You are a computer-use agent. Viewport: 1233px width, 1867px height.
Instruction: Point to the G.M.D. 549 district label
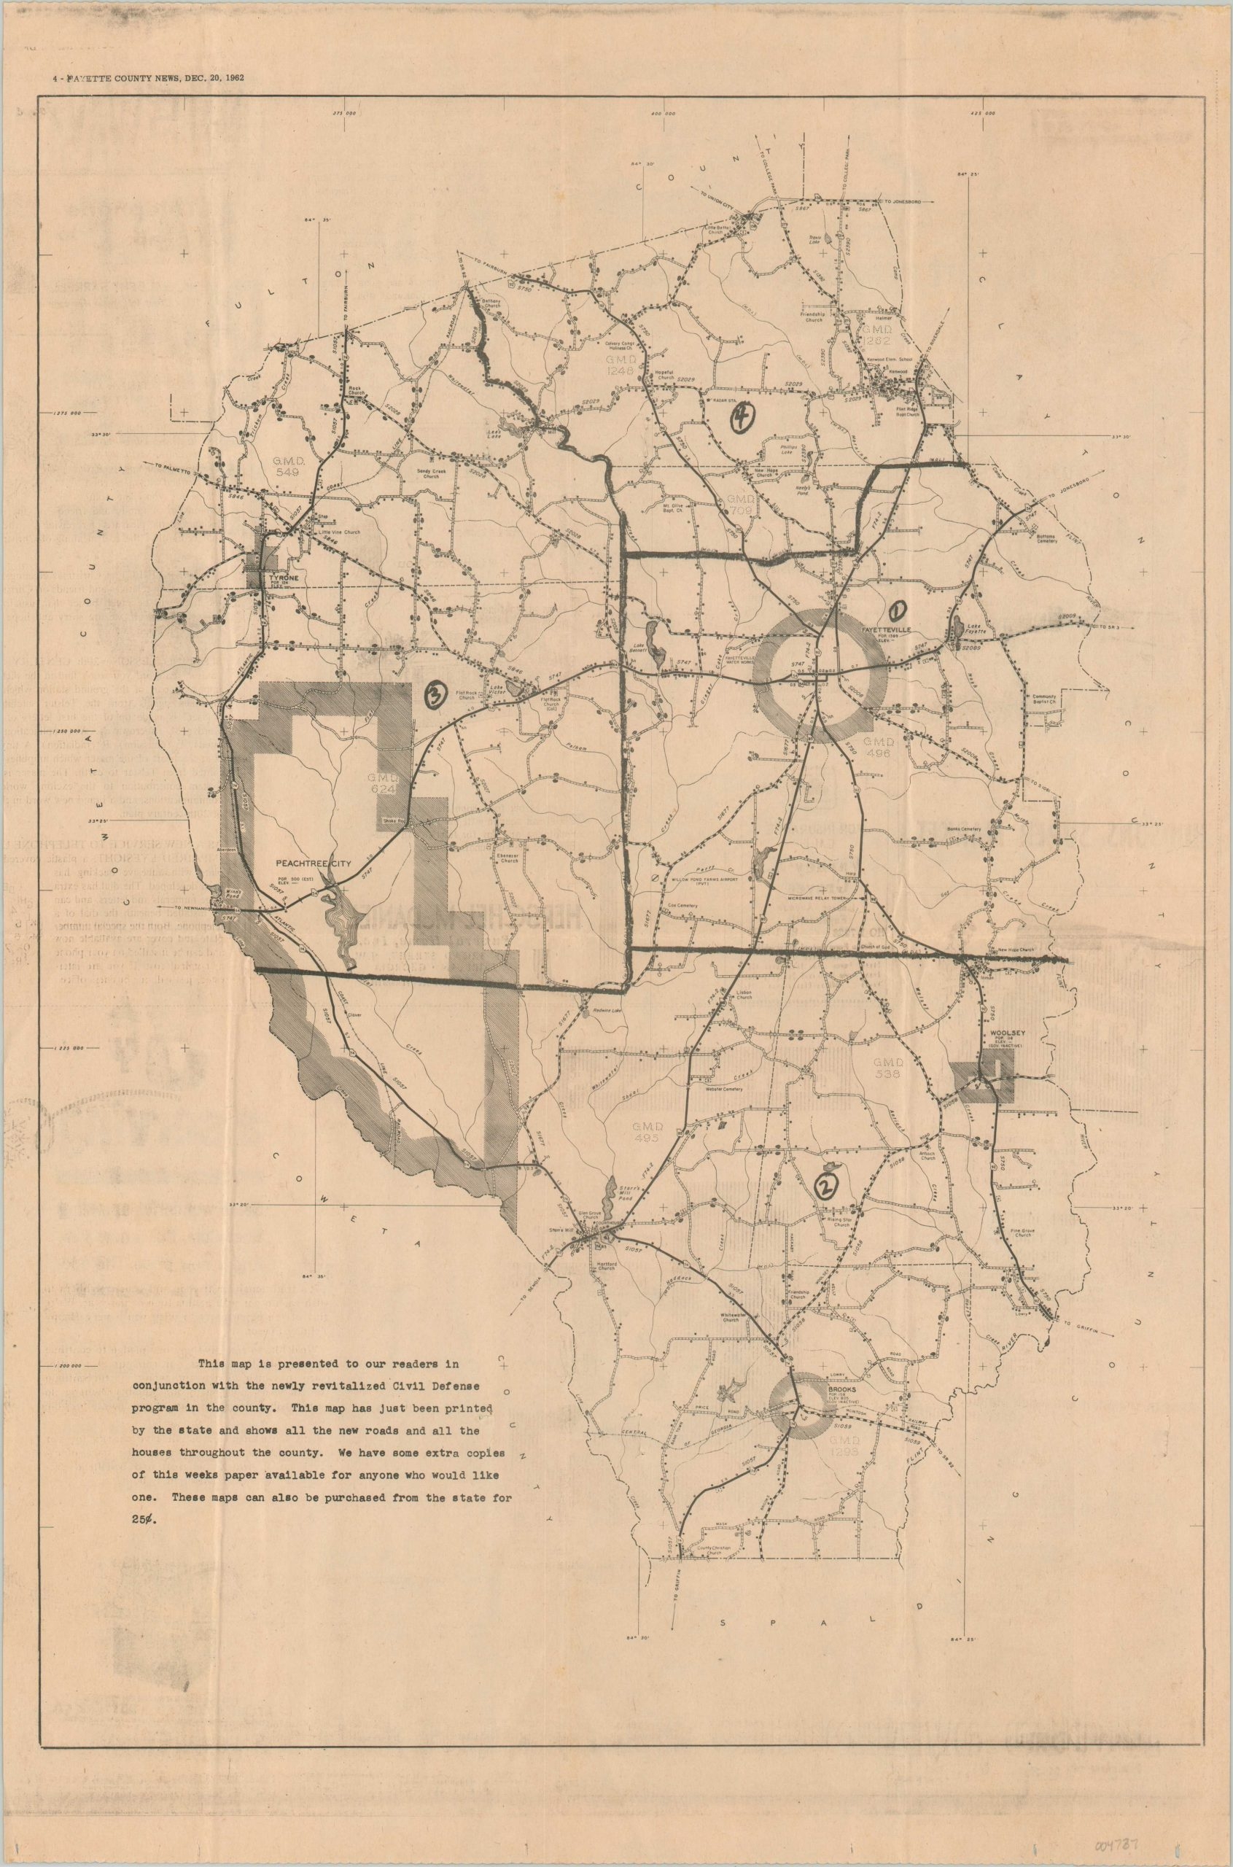click(x=288, y=465)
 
